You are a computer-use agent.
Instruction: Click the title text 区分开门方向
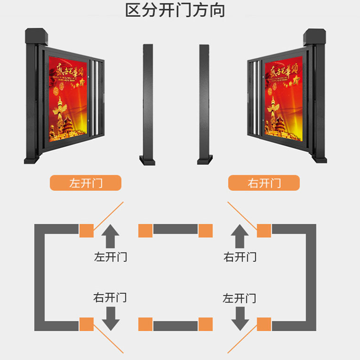175,10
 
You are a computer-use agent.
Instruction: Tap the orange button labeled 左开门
85,183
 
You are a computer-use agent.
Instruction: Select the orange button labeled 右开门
264,183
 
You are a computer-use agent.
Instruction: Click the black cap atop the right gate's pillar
315,36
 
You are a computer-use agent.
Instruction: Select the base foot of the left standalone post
148,160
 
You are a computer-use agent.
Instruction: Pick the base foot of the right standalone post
205,160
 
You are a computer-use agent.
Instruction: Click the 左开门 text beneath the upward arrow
111,257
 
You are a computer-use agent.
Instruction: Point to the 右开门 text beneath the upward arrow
240,257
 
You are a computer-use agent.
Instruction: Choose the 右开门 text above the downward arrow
110,297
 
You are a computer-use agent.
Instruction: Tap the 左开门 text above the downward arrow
240,297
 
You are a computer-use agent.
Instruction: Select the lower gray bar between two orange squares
175,324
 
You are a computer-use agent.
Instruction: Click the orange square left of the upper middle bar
145,230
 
